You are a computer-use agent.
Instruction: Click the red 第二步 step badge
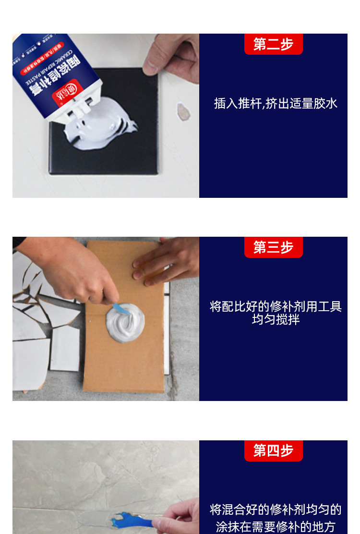(273, 44)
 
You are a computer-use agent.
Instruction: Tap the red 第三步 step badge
(273, 247)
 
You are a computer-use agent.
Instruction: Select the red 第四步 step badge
(273, 451)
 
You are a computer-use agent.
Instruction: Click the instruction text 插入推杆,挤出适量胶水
(276, 103)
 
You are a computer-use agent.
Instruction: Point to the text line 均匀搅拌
(276, 319)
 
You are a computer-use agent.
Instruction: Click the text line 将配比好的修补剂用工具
(276, 307)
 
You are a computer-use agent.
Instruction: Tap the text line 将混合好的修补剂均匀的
(276, 510)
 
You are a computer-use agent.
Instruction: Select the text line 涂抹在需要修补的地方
(276, 526)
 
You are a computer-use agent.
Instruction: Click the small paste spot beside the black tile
(183, 111)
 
